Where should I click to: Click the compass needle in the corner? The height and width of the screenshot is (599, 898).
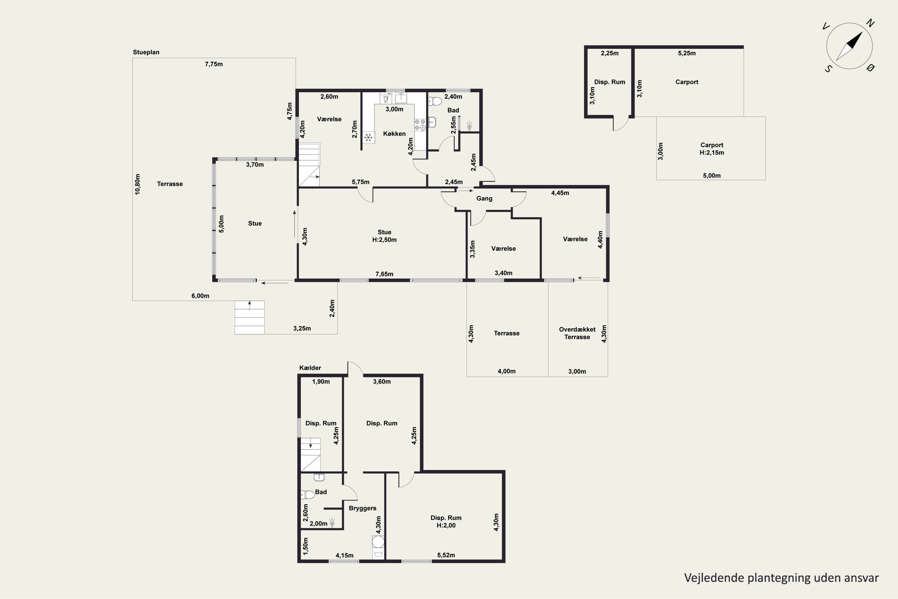(x=850, y=46)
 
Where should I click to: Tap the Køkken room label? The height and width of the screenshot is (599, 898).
(x=395, y=134)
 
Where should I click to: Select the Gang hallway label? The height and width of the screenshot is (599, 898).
(x=484, y=199)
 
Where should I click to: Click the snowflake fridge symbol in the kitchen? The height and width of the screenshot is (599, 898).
(x=368, y=137)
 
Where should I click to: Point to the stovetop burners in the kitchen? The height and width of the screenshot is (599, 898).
(x=420, y=125)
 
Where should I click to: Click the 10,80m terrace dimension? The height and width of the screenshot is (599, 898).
(x=137, y=184)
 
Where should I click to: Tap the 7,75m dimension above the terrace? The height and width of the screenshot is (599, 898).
(x=214, y=64)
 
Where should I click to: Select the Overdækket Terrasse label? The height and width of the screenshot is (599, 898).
(x=577, y=333)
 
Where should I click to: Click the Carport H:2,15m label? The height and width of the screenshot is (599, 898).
(x=712, y=149)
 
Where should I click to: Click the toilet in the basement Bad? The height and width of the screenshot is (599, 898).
(x=307, y=495)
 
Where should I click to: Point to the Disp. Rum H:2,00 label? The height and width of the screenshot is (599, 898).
(x=446, y=521)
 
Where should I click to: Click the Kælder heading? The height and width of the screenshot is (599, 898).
(x=310, y=368)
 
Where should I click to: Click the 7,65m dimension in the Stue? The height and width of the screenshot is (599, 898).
(x=384, y=274)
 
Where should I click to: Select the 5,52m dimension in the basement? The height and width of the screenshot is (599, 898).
(x=446, y=555)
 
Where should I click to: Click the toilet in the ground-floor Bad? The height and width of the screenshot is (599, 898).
(x=435, y=101)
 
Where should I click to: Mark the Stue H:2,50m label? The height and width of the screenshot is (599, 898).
(x=384, y=236)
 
